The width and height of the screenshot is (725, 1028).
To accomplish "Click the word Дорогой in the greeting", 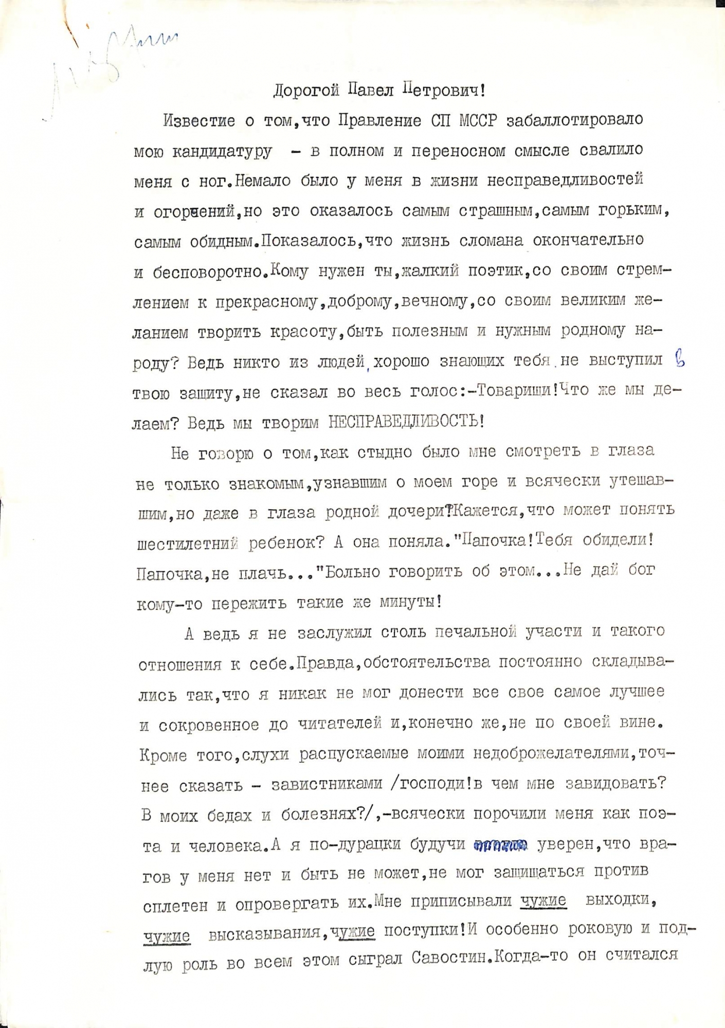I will (306, 91).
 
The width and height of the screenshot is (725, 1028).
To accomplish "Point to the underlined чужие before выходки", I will (543, 900).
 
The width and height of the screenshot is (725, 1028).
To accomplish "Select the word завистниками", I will (327, 784).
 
